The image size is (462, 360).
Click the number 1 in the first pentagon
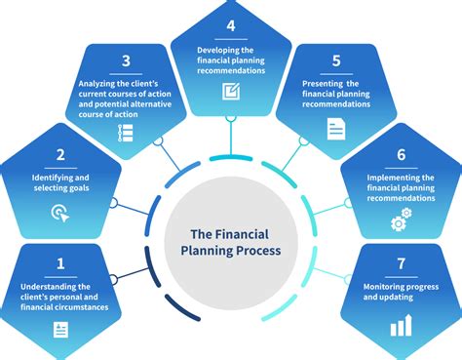[x=60, y=263]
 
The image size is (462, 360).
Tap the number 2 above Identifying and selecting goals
[x=60, y=155]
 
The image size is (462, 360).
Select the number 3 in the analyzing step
[x=126, y=62]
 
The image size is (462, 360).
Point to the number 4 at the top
[x=230, y=24]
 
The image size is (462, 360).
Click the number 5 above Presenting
[x=336, y=61]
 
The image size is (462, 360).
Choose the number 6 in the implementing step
[x=401, y=155]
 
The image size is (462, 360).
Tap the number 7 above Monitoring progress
[x=401, y=263]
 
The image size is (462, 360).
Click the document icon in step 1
[x=60, y=330]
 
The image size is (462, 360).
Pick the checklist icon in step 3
[x=126, y=135]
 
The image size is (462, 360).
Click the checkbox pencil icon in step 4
[x=230, y=93]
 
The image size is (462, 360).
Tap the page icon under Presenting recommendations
[x=336, y=126]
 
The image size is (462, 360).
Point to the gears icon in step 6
[x=400, y=222]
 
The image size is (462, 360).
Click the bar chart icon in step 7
[x=401, y=326]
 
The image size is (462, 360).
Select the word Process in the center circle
[x=254, y=251]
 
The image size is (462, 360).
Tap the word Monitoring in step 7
[x=385, y=285]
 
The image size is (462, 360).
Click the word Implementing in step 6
[x=387, y=178]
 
